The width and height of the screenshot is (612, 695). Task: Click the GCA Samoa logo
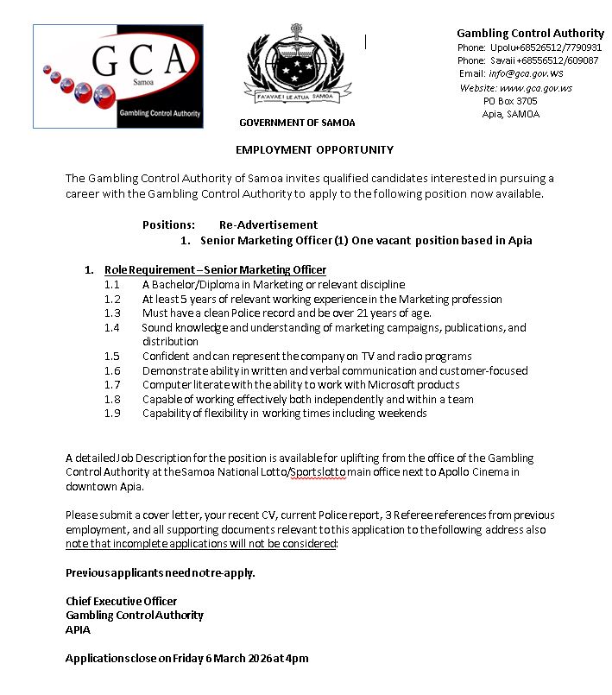click(118, 76)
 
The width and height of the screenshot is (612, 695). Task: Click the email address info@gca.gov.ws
click(527, 74)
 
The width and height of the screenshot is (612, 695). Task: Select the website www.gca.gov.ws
click(536, 88)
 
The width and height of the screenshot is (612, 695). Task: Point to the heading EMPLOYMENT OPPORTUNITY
click(314, 149)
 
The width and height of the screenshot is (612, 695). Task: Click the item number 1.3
click(112, 313)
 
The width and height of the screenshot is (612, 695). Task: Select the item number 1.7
click(112, 385)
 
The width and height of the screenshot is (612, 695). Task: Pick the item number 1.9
click(112, 414)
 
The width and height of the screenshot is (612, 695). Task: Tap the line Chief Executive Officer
click(122, 601)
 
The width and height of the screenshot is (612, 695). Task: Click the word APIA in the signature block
click(78, 629)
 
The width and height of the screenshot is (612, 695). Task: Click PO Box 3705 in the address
click(510, 101)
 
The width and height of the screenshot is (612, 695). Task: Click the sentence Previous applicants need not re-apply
click(161, 572)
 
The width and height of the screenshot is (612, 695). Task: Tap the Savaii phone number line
click(527, 60)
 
